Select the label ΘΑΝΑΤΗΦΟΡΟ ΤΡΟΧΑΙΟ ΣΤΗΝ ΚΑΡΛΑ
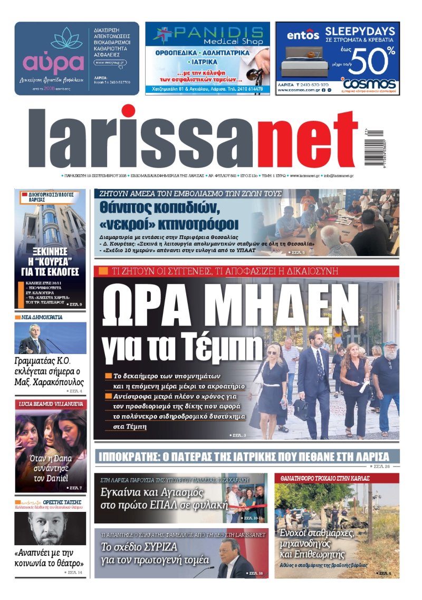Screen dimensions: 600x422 pos(325,478)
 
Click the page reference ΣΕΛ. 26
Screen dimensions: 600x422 pos(382,467)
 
